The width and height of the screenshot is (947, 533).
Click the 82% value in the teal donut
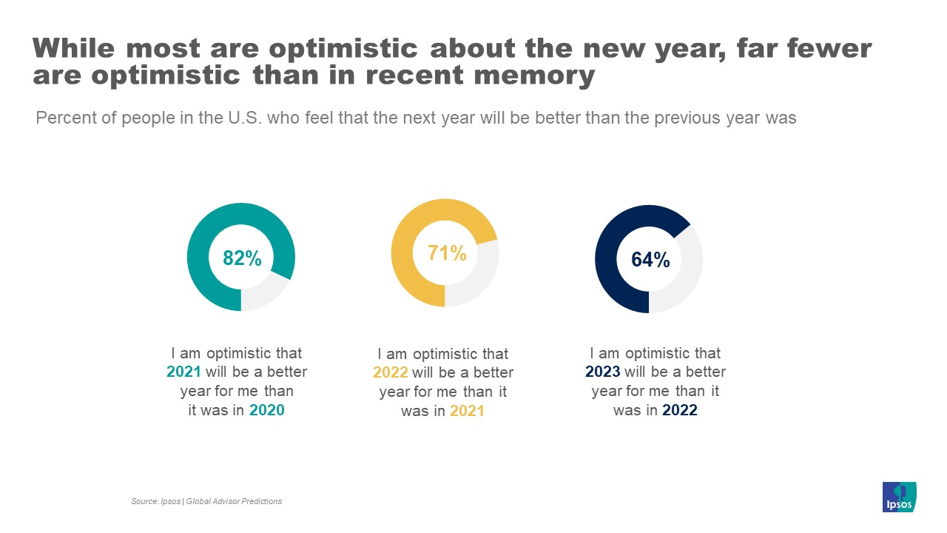pyautogui.click(x=242, y=258)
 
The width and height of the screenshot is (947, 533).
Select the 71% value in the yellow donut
pyautogui.click(x=447, y=253)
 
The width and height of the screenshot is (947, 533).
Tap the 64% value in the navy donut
pyautogui.click(x=650, y=260)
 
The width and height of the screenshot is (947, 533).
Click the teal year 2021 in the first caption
pyautogui.click(x=184, y=372)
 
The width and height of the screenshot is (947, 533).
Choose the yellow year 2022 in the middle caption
pyautogui.click(x=390, y=372)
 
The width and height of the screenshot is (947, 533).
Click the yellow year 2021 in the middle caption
pyautogui.click(x=467, y=411)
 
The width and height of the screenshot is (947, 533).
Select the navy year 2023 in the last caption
pyautogui.click(x=602, y=372)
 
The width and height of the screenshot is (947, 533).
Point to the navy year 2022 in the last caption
pyautogui.click(x=679, y=410)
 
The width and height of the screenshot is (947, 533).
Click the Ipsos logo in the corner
pyautogui.click(x=899, y=497)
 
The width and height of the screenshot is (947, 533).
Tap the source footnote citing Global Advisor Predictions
pyautogui.click(x=206, y=501)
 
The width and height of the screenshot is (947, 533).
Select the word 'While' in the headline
pyautogui.click(x=75, y=48)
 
